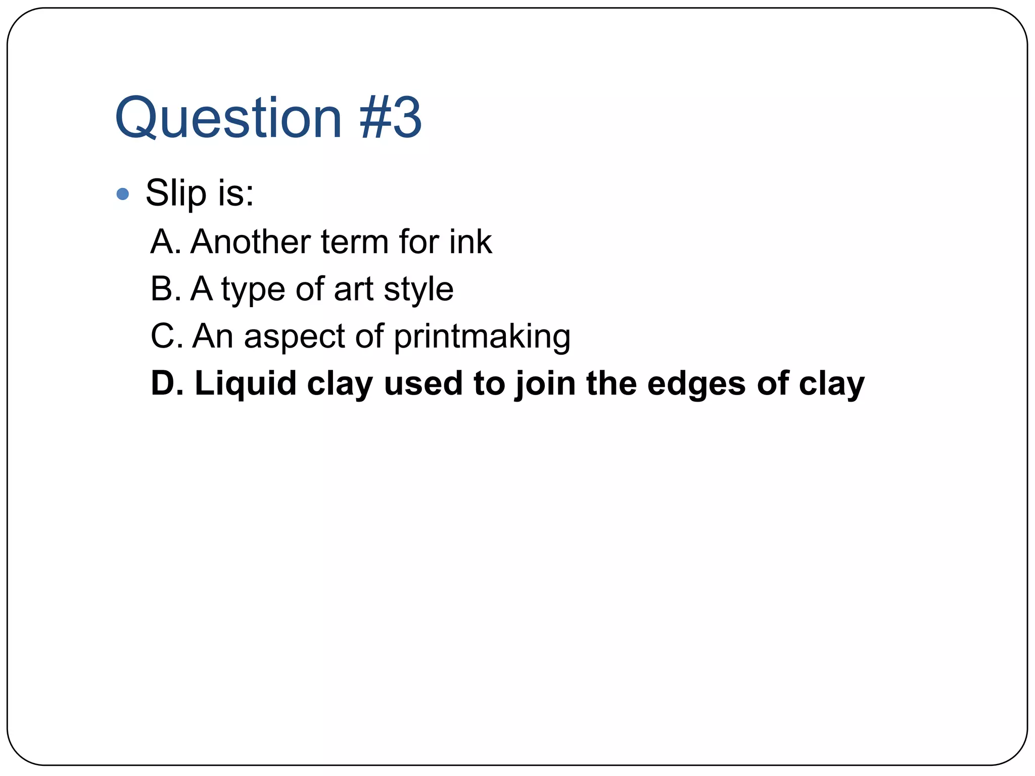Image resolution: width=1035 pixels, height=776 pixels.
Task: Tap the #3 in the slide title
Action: click(x=390, y=118)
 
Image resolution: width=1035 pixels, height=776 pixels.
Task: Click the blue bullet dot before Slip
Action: click(x=123, y=194)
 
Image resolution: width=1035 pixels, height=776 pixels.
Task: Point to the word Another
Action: click(x=251, y=242)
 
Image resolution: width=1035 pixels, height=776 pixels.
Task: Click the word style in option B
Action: click(x=418, y=290)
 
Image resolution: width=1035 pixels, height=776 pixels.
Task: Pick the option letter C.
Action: click(x=162, y=336)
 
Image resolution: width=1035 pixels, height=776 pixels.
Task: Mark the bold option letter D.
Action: click(x=163, y=383)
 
